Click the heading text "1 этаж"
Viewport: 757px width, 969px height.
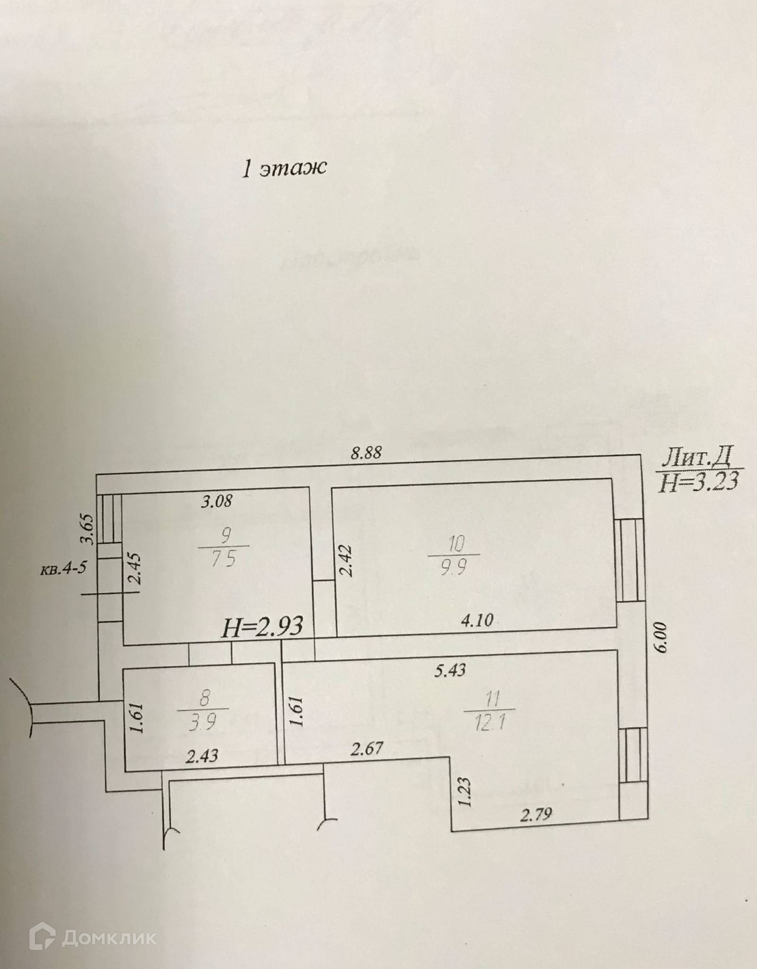[x=284, y=168]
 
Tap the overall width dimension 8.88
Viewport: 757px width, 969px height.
[x=366, y=453]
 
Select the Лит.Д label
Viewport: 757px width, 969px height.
[x=697, y=458]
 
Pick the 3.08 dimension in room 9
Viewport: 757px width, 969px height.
[x=217, y=501]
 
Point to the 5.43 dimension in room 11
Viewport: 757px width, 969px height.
[x=450, y=670]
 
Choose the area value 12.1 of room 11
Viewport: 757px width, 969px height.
[x=489, y=724]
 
